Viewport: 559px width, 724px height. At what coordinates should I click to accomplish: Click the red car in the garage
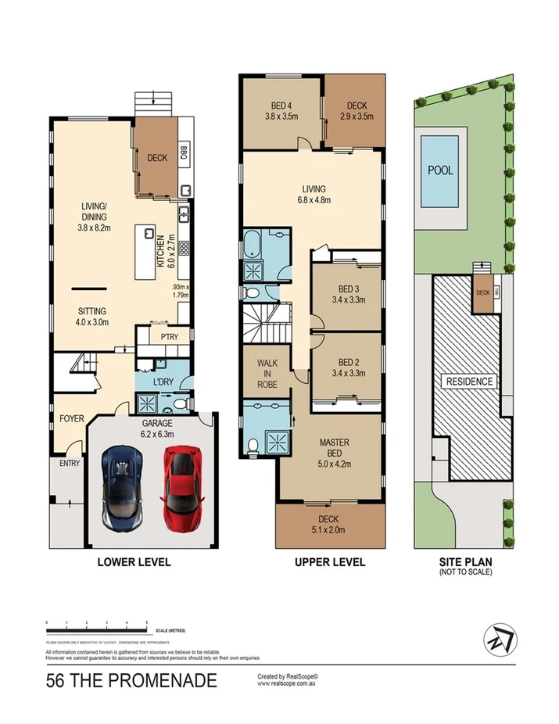pyautogui.click(x=181, y=486)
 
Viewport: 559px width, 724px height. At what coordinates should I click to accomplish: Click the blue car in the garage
pyautogui.click(x=122, y=486)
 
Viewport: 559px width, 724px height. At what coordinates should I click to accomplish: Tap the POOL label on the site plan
pyautogui.click(x=440, y=170)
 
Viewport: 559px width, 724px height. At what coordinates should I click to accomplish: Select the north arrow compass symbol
pyautogui.click(x=500, y=640)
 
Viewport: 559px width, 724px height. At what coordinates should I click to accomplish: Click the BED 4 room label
pyautogui.click(x=281, y=110)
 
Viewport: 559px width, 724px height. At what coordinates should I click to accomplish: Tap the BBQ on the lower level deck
pyautogui.click(x=183, y=150)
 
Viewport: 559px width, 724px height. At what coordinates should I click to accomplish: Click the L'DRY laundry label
pyautogui.click(x=163, y=382)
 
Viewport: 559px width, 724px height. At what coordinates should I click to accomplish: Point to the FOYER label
pyautogui.click(x=71, y=419)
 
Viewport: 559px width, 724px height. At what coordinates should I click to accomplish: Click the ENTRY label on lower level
pyautogui.click(x=59, y=464)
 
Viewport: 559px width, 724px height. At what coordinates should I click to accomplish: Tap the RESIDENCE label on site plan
pyautogui.click(x=470, y=382)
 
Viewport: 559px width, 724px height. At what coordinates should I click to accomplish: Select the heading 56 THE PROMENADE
pyautogui.click(x=131, y=681)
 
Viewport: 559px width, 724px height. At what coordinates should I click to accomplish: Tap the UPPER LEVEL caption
pyautogui.click(x=330, y=562)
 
